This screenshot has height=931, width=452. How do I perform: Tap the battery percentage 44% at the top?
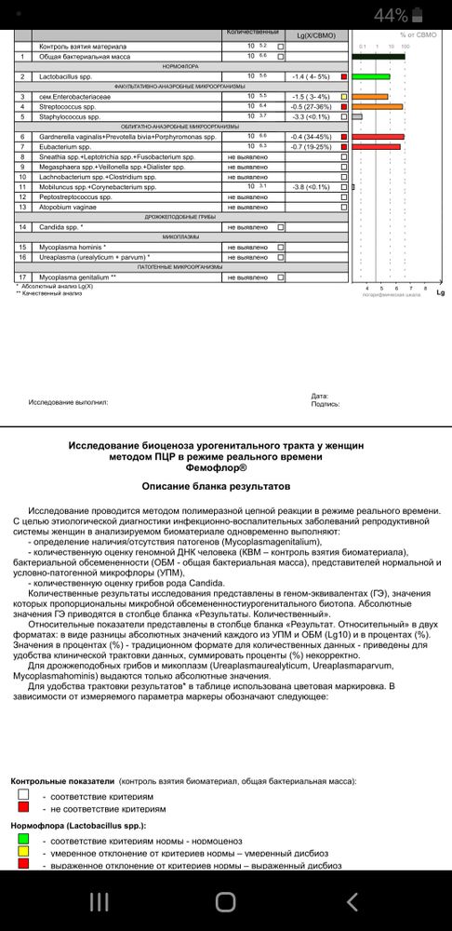point(391,15)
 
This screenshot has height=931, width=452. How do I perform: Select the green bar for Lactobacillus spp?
point(371,76)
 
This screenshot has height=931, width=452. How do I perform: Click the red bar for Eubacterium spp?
point(376,146)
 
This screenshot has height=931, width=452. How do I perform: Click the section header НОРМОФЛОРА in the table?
point(177,66)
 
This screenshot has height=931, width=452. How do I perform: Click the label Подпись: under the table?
point(325,404)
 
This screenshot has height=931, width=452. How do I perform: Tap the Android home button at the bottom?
point(225,901)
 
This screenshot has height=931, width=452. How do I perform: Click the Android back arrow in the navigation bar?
point(352,901)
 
